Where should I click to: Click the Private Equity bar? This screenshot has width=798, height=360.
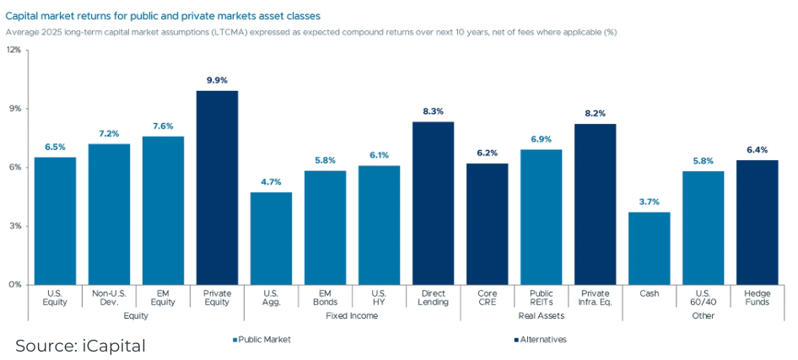[x=217, y=187]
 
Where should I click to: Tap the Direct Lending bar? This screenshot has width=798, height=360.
[x=433, y=202]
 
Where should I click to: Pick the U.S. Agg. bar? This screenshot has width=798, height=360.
[x=271, y=238]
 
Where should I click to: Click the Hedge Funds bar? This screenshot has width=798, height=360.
[x=758, y=222]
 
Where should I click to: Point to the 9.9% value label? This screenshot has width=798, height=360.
[x=217, y=80]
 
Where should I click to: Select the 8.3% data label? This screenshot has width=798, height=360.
[x=433, y=111]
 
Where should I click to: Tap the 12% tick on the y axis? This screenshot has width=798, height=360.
[x=14, y=50]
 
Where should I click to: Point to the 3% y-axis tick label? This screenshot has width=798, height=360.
[x=16, y=226]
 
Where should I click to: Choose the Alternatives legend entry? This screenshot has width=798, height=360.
[x=540, y=340]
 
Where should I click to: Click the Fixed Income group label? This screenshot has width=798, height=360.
[x=352, y=316]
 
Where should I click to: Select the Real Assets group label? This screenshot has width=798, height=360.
[x=541, y=316]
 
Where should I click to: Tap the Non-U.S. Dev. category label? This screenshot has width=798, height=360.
[x=109, y=298]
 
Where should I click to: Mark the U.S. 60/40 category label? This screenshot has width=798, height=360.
[x=703, y=298]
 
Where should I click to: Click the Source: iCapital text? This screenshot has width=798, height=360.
[x=81, y=345]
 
